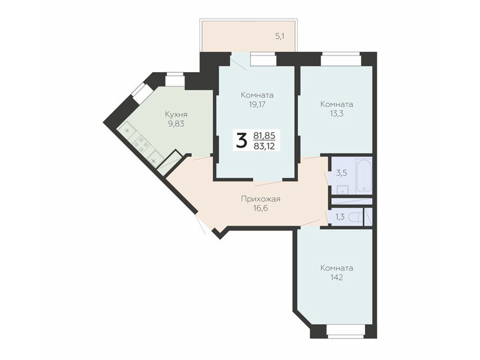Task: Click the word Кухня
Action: click(x=176, y=115)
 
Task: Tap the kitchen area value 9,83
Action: click(x=176, y=124)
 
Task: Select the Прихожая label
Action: click(x=260, y=199)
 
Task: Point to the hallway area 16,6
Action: click(x=260, y=208)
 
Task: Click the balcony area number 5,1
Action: click(x=280, y=36)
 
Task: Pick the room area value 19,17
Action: click(x=257, y=105)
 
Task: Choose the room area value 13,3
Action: click(x=336, y=114)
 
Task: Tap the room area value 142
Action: click(x=336, y=278)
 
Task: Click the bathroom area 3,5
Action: click(x=342, y=173)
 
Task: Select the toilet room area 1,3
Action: click(x=340, y=217)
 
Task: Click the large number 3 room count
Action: click(x=242, y=141)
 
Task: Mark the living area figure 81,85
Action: click(x=264, y=136)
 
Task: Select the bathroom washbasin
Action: click(x=343, y=190)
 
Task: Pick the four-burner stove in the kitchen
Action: click(x=141, y=144)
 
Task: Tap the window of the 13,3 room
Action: click(x=341, y=59)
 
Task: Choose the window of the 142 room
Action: click(x=346, y=339)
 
